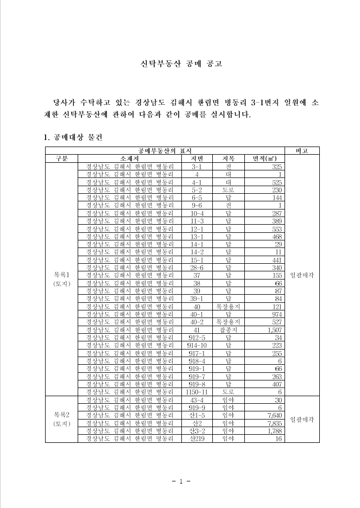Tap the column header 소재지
130,158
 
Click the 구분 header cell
61,158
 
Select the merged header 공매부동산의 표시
165,150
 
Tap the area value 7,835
273,423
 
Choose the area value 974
276,314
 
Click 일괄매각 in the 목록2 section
302,420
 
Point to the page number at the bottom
180,481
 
